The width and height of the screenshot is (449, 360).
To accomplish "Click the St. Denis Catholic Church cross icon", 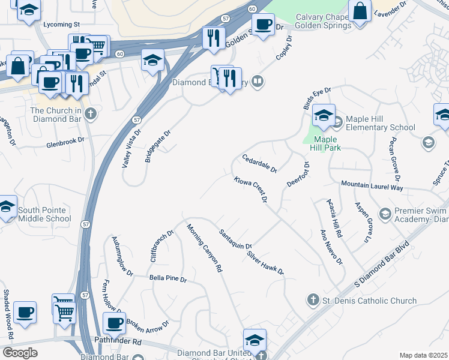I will pos(312,299).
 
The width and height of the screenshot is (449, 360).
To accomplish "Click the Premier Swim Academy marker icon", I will pos(385,213).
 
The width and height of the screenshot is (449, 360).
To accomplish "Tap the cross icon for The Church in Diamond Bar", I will pos(91,113).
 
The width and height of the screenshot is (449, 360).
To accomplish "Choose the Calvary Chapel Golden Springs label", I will pos(324,22).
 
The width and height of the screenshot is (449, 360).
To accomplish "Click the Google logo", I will pos(20,353).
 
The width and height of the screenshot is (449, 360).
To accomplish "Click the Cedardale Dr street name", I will pos(259,163).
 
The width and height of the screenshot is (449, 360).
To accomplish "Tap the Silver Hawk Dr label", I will pos(265,263).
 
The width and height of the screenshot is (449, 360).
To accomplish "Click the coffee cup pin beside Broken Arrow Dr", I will pos(113,323).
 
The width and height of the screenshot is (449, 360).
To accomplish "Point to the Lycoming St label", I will pos(62,25).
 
